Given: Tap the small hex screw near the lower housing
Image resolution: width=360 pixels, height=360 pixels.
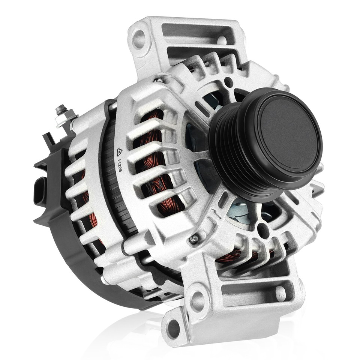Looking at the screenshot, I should tap(193, 239).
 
